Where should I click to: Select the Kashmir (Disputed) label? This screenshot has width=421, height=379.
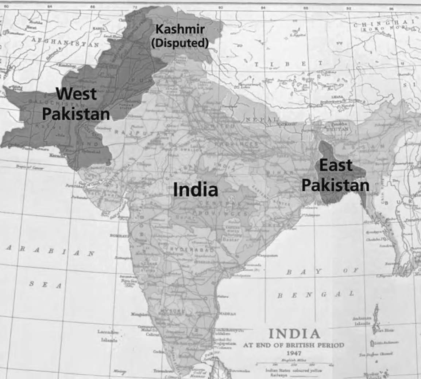(x=180, y=36)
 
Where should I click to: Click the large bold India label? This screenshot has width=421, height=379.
(x=195, y=190)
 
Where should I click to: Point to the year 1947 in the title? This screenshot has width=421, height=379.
(x=294, y=353)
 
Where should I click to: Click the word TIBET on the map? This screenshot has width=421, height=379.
(x=288, y=64)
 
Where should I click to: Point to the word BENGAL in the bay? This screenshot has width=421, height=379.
(x=315, y=294)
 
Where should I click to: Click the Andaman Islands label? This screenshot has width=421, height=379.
(x=362, y=321)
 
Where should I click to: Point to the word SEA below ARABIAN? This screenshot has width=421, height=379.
(x=45, y=285)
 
